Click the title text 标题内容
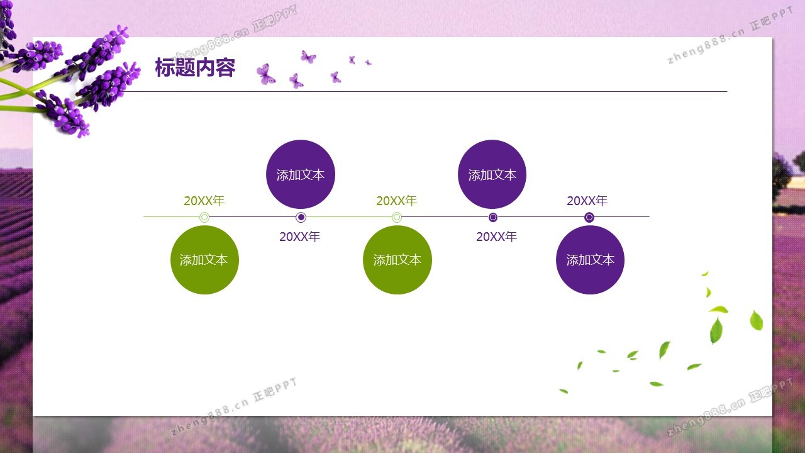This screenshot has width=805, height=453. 195,67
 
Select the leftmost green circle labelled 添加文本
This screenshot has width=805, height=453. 204,260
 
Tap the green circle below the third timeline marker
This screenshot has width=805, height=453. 397,260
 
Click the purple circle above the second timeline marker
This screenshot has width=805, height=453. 301,174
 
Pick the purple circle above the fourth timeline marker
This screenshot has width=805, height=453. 492,174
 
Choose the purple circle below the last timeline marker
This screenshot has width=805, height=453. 590,260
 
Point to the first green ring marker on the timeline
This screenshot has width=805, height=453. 204,217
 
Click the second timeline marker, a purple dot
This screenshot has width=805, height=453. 301,217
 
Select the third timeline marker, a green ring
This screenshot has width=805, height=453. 397,217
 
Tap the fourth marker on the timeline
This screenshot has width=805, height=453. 493,217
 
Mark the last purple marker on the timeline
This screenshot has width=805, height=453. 589,217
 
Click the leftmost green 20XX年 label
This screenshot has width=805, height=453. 204,201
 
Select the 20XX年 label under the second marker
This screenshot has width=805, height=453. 300,237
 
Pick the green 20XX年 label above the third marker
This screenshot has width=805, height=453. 396,201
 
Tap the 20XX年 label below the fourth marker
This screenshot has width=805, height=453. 497,237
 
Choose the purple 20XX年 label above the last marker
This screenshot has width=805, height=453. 587,201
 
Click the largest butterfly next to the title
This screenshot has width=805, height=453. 265,74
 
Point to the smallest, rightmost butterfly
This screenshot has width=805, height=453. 368,62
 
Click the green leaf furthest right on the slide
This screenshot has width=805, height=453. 756,320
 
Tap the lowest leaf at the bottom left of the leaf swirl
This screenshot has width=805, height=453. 563,391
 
